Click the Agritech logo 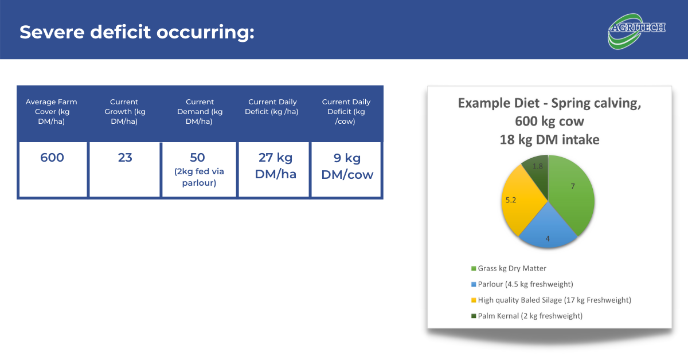(636, 31)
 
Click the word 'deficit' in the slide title (120, 32)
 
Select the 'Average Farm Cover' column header (51, 112)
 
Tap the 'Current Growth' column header (124, 112)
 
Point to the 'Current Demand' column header (200, 112)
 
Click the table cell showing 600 (53, 169)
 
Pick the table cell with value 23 (125, 169)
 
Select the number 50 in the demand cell (197, 158)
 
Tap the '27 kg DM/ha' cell (273, 169)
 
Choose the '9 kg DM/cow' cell (346, 169)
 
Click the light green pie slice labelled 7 (571, 194)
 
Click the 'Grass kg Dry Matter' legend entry (509, 268)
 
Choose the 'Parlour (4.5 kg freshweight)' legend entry (522, 284)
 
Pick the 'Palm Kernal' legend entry (527, 316)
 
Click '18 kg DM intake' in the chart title (549, 140)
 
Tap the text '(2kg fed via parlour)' (199, 177)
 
